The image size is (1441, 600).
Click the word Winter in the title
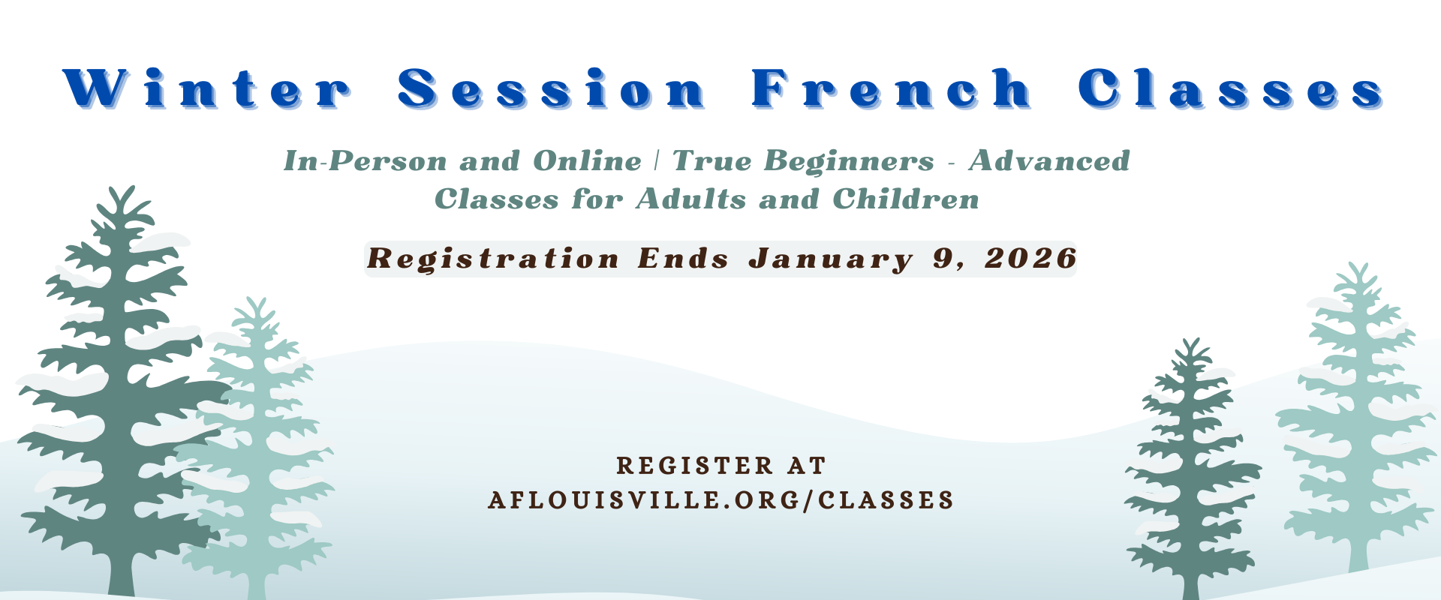[207, 89]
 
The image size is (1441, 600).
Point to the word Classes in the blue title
[1232, 89]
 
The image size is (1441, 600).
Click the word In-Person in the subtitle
[366, 160]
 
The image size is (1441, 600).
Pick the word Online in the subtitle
[588, 160]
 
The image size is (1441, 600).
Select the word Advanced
[1049, 160]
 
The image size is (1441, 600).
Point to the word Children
[906, 199]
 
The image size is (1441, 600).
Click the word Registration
[494, 259]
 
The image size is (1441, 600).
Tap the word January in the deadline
[832, 259]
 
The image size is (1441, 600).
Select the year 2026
[1031, 258]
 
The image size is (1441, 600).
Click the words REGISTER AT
[721, 466]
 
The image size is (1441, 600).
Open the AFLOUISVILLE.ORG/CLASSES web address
[721, 500]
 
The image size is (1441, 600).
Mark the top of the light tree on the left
[257, 298]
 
